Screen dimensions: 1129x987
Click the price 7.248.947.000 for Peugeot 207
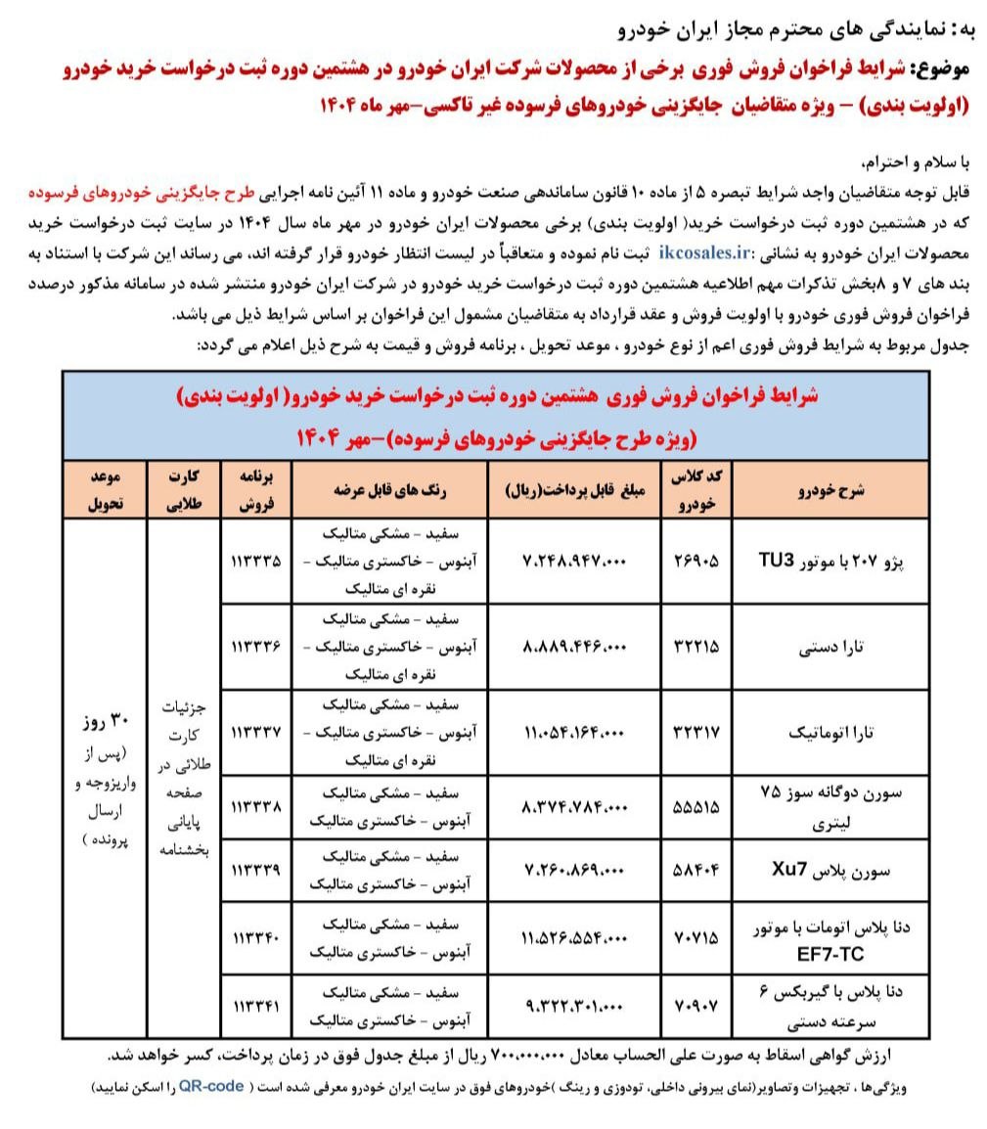click(574, 562)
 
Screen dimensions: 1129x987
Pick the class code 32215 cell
click(696, 647)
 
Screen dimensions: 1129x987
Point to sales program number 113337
click(256, 731)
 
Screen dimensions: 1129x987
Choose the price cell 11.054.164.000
click(574, 731)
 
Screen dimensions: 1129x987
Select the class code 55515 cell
click(696, 807)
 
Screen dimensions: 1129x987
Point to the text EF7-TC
click(827, 952)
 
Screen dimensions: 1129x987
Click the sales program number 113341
click(256, 1005)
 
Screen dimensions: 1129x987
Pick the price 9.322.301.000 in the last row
click(574, 1005)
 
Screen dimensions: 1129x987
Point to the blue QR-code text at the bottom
click(211, 1087)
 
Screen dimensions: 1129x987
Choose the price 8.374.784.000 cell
click(574, 807)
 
